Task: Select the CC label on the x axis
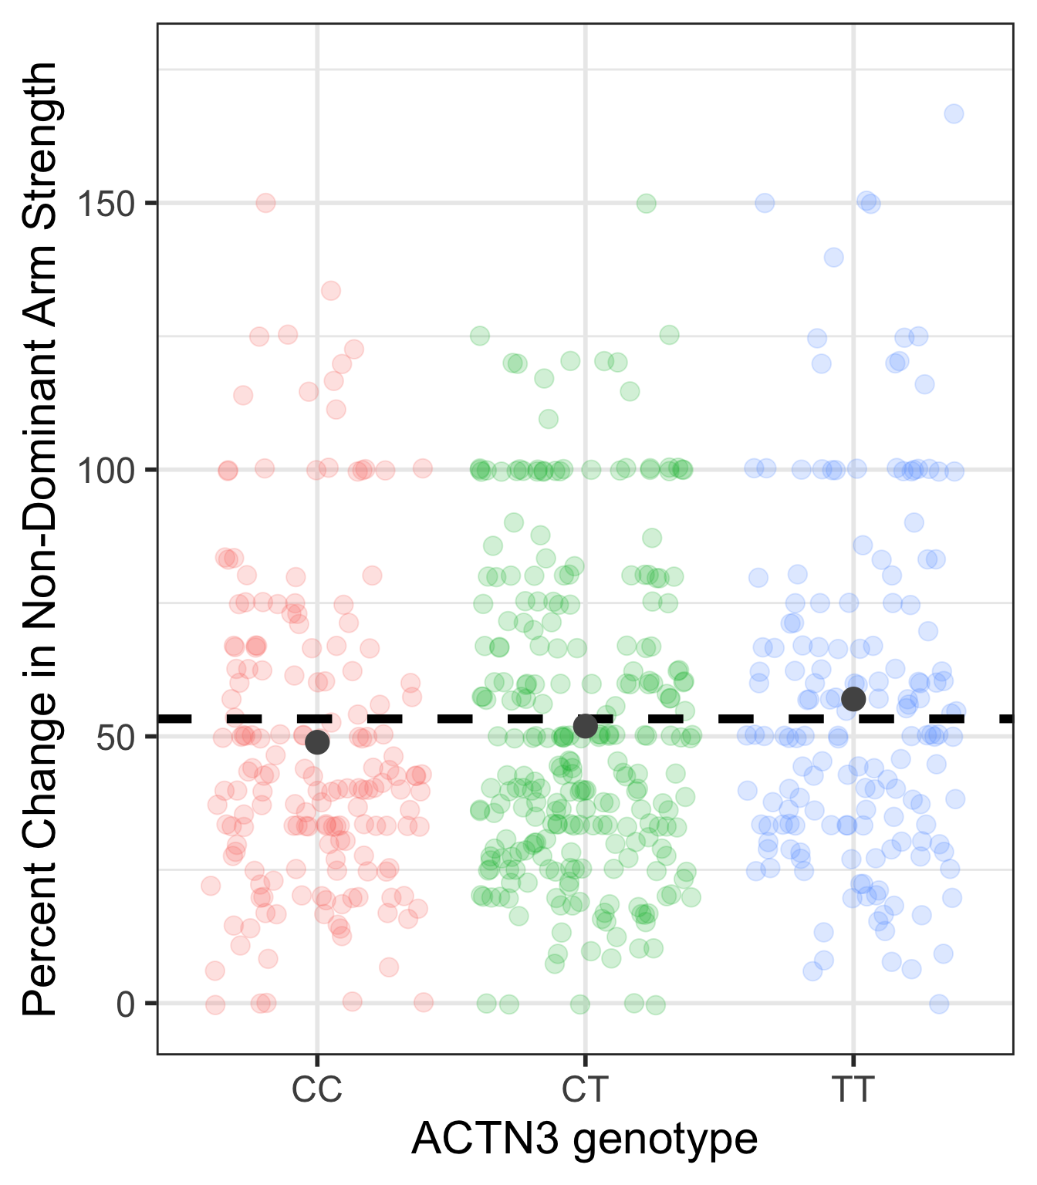pyautogui.click(x=316, y=1091)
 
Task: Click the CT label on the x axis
pyautogui.click(x=585, y=1091)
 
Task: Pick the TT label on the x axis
pyautogui.click(x=853, y=1091)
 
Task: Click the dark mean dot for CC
pyautogui.click(x=317, y=742)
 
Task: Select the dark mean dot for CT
pyautogui.click(x=586, y=726)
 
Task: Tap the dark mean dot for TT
pyautogui.click(x=853, y=699)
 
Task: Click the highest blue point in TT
pyautogui.click(x=954, y=114)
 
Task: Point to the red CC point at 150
pyautogui.click(x=265, y=203)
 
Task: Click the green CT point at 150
pyautogui.click(x=647, y=204)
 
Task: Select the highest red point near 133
pyautogui.click(x=331, y=291)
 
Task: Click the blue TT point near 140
pyautogui.click(x=833, y=258)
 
